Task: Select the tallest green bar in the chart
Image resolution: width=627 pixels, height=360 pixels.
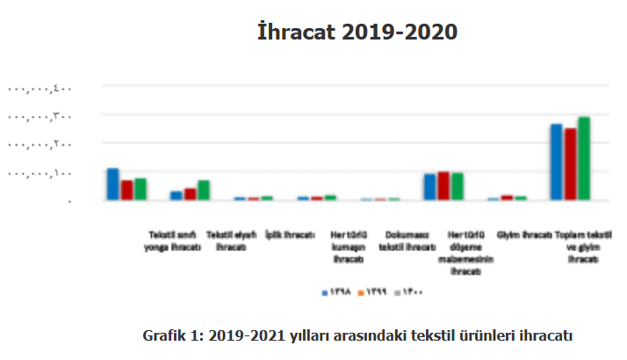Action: (x=583, y=158)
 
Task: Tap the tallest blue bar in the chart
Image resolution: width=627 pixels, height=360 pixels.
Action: (x=556, y=162)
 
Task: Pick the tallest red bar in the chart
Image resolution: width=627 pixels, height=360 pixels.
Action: (x=569, y=164)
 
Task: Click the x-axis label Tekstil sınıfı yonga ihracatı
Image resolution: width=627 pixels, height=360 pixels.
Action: (x=173, y=241)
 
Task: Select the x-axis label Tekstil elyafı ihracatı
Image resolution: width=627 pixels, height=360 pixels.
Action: (x=230, y=241)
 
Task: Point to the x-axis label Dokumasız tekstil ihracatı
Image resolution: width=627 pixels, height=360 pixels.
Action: (x=407, y=241)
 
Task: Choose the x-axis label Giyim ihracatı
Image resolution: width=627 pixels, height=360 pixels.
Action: (x=524, y=235)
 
